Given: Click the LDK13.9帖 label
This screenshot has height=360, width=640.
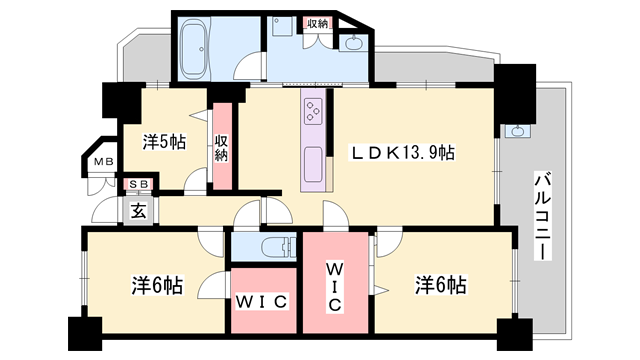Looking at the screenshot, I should coord(402,153).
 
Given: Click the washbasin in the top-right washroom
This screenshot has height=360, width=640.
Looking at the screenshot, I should coord(353,43).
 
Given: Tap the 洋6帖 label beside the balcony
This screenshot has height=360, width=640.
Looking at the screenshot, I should coord(440,285).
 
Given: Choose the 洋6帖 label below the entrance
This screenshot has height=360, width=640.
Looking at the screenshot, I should coord(157,285).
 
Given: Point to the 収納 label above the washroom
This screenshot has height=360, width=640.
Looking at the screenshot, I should coord(317,23).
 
